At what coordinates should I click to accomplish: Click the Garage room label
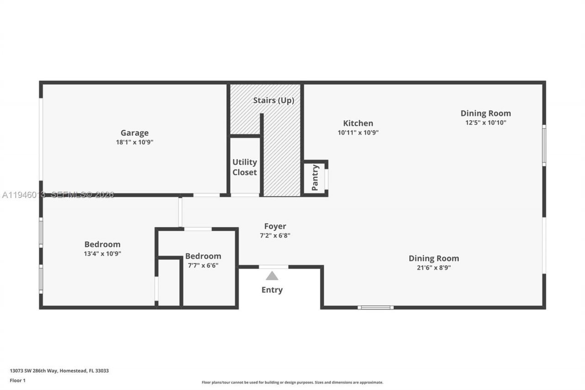pos(134,133)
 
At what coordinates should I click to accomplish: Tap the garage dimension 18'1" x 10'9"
pos(134,142)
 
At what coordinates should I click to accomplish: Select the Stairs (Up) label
pos(274,100)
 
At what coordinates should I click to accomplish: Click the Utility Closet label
pos(245,167)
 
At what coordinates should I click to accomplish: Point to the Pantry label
pos(315,177)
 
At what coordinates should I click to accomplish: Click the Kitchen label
pos(358,123)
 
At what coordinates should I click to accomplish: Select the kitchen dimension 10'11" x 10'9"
pos(358,133)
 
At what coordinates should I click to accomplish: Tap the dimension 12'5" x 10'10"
pos(485,123)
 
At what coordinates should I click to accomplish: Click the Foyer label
pos(275,226)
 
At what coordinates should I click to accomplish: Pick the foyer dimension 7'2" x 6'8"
pos(275,235)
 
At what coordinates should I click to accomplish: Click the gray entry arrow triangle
pos(272,276)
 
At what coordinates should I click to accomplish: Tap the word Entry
pos(272,290)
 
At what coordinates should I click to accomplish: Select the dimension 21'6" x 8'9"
pos(434,268)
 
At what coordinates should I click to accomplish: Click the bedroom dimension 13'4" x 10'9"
pos(102,254)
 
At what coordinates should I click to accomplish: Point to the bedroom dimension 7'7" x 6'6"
pos(203,265)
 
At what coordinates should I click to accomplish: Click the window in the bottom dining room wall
pos(375,307)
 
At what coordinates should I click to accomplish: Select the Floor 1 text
pos(18,380)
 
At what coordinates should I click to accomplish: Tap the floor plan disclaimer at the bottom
pos(292,382)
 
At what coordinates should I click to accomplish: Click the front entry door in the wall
pos(273,267)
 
